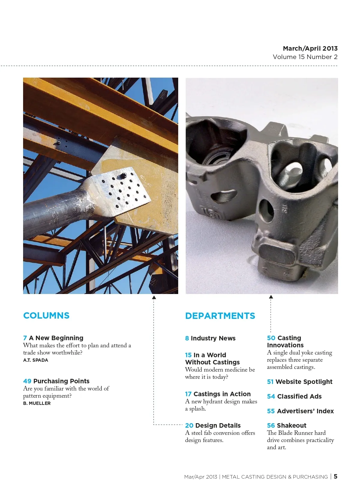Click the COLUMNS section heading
pyautogui.click(x=46, y=316)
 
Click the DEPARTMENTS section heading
pyautogui.click(x=220, y=316)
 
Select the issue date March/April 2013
pyautogui.click(x=310, y=49)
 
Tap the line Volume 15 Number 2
pyautogui.click(x=305, y=57)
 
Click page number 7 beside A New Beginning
pyautogui.click(x=25, y=338)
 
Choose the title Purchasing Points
pyautogui.click(x=61, y=381)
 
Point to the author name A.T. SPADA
pyautogui.click(x=35, y=360)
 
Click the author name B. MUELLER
pyautogui.click(x=37, y=403)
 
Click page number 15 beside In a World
pyautogui.click(x=188, y=355)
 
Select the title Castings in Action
pyautogui.click(x=222, y=394)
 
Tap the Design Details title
pyautogui.click(x=217, y=426)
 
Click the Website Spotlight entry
pyautogui.click(x=304, y=382)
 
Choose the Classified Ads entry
pyautogui.click(x=299, y=397)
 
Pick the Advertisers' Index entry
pyautogui.click(x=305, y=411)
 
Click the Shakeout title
pyautogui.click(x=292, y=426)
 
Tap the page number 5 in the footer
pyautogui.click(x=335, y=476)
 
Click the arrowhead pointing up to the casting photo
pyautogui.click(x=271, y=297)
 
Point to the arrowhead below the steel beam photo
pyautogui.click(x=154, y=297)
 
